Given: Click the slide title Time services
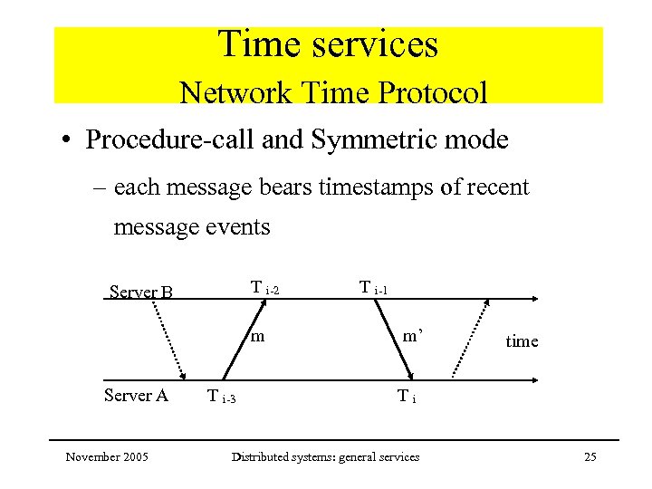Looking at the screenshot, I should (x=328, y=44).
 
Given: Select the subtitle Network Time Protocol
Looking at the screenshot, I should (x=333, y=92).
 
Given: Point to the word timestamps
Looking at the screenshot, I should (x=357, y=187).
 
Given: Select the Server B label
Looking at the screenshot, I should (x=140, y=292).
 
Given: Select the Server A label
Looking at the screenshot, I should (x=136, y=394).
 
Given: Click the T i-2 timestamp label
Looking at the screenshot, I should (x=264, y=289).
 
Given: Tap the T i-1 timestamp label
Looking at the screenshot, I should (x=373, y=288).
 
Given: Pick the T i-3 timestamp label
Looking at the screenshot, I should (x=221, y=396).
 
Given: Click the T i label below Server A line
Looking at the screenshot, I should (x=407, y=396).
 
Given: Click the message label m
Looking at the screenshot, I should (x=257, y=337).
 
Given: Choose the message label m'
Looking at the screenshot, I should (x=412, y=336).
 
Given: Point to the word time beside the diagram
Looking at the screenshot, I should (x=522, y=341).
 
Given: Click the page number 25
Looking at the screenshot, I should (x=590, y=456).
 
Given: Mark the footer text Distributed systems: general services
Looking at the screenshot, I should (x=325, y=456).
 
